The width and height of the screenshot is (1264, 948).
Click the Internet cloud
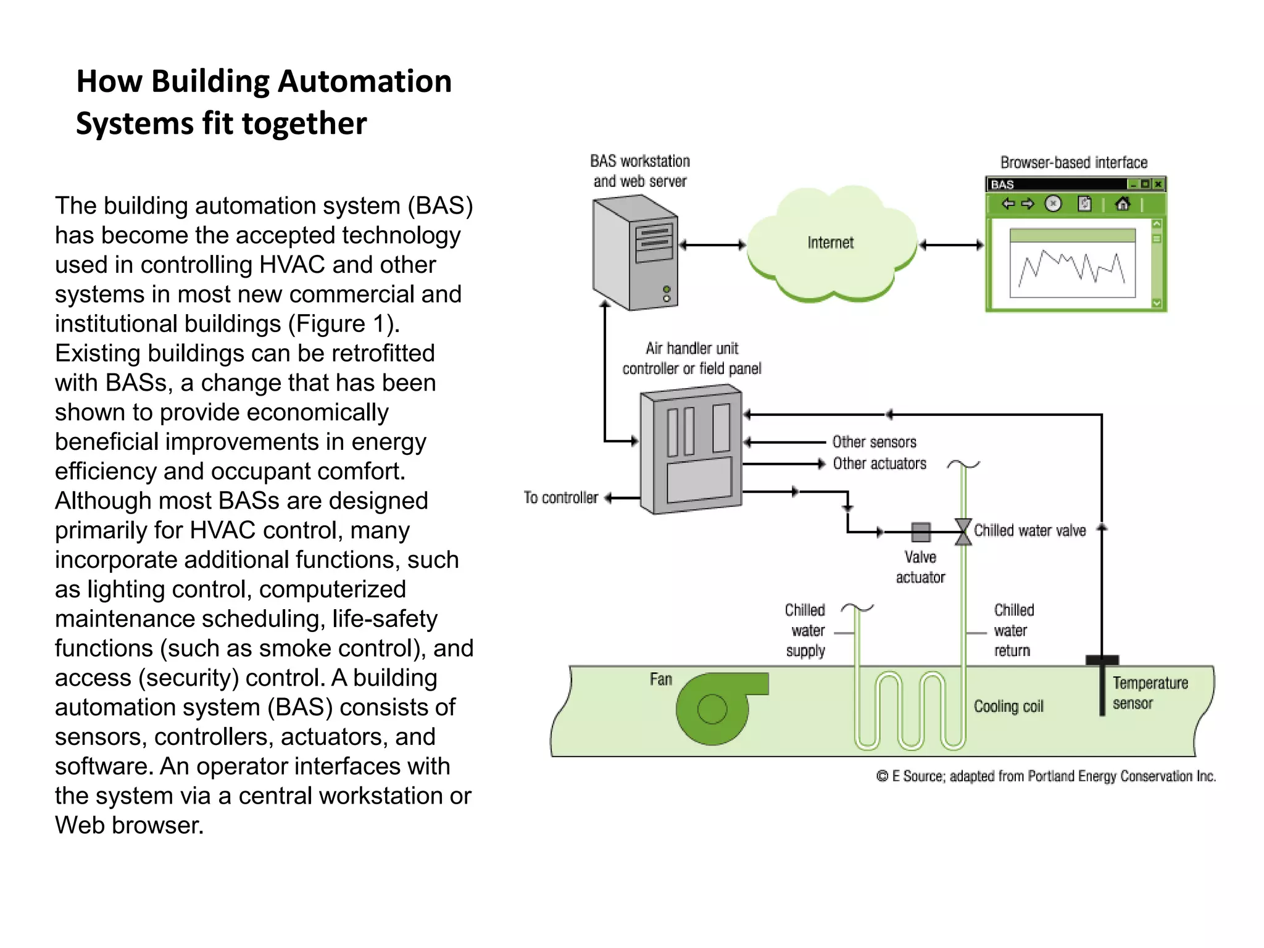(x=831, y=244)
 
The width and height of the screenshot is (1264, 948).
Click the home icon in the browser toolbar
(x=1123, y=204)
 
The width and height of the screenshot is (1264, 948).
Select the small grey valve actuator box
(x=920, y=531)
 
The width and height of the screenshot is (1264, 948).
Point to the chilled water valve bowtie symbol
(x=963, y=531)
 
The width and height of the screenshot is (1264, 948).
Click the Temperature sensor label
(x=1149, y=693)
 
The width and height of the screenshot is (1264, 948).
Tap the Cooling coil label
(x=1008, y=706)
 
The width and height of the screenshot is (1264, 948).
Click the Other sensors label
(x=874, y=442)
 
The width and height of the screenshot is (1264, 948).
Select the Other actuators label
(x=879, y=464)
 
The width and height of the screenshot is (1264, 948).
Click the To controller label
(x=560, y=497)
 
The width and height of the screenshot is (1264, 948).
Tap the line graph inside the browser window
(x=1072, y=269)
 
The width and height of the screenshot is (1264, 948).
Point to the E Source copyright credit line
(x=1046, y=776)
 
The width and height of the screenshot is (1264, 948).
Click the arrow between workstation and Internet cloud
(x=712, y=245)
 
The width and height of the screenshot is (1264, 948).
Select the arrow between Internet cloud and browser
(x=951, y=245)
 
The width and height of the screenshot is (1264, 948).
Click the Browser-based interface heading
(x=1073, y=162)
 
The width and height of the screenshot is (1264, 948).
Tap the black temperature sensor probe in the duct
(x=1102, y=686)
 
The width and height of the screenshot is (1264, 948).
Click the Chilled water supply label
(x=805, y=630)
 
